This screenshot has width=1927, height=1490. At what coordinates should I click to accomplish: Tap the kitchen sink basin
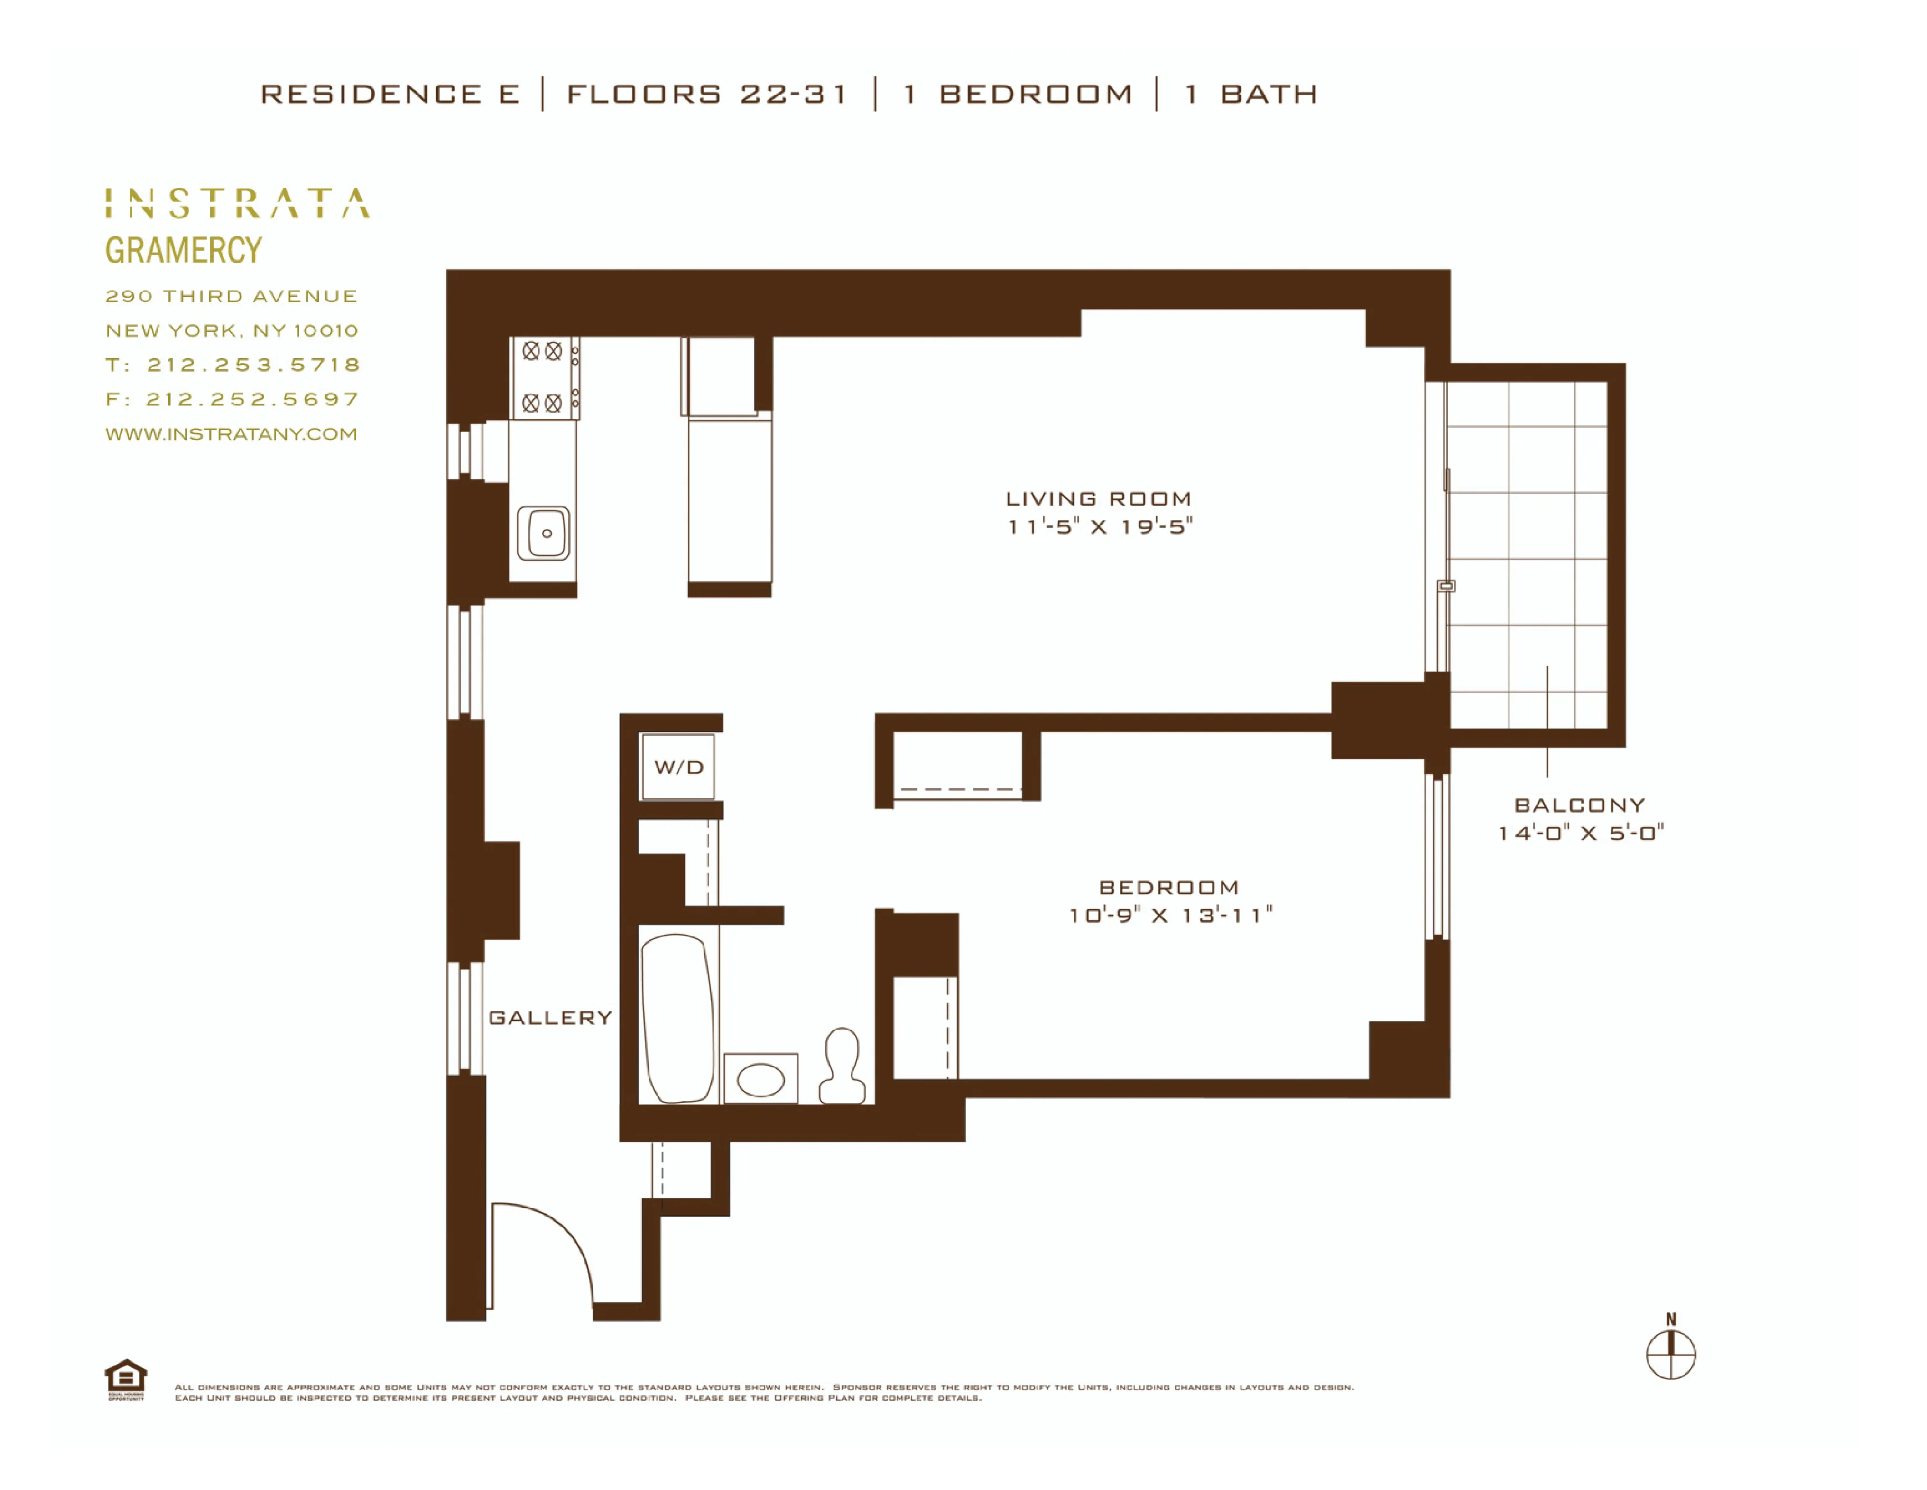[544, 533]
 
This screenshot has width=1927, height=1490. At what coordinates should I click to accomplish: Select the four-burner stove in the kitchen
[544, 377]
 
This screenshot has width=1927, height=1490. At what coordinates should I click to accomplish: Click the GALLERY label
[549, 1018]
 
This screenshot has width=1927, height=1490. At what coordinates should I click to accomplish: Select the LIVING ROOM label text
[1098, 499]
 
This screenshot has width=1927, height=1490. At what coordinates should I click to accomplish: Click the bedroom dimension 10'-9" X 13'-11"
[1170, 916]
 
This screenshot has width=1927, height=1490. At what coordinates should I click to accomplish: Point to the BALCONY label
[1580, 805]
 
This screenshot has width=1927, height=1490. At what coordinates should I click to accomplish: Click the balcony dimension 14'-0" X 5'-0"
[1580, 833]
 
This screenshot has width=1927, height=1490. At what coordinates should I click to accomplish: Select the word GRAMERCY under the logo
[183, 250]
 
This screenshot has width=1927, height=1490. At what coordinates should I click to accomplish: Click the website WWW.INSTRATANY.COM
[231, 434]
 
